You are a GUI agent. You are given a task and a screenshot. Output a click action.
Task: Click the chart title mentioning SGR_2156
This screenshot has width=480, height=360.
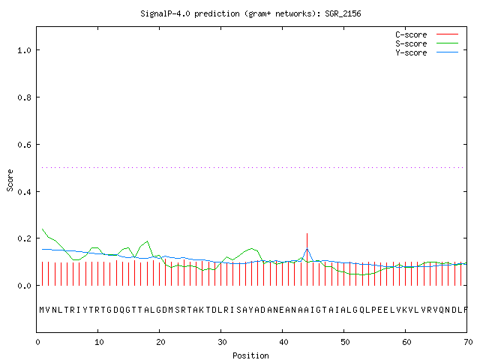pos(250,13)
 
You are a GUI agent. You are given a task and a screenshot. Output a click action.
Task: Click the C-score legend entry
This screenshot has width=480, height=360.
pos(427,34)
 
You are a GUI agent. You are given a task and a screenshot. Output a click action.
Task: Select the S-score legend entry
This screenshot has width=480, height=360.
pos(427,43)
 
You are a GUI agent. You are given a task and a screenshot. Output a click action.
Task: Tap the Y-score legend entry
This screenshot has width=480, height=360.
pos(427,52)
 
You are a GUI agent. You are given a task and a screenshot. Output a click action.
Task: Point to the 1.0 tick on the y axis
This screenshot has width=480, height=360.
pos(24,50)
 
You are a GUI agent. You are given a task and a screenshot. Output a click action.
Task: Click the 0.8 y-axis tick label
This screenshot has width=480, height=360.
pos(24,97)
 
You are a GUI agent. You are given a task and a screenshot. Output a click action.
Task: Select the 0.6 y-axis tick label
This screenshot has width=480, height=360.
pos(24,145)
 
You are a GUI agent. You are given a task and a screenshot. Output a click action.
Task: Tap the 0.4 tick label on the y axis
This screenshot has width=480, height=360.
pos(24,192)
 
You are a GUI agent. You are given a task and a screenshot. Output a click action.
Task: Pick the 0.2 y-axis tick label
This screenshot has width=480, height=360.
pos(24,238)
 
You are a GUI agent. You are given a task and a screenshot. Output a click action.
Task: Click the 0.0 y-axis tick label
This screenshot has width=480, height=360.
pos(24,286)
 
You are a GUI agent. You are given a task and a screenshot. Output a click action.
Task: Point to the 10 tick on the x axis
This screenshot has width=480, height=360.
pos(99,342)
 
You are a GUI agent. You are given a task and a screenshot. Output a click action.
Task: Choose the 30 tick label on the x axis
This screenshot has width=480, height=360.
pos(222,342)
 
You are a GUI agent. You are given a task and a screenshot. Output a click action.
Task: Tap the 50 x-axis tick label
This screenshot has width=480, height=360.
pos(345,342)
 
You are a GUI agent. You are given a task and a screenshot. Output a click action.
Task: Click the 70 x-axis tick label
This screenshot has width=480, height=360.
pos(468,342)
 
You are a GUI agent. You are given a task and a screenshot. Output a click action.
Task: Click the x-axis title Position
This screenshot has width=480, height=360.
pos(250,355)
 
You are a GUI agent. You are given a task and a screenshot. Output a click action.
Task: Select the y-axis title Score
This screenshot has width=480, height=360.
pos(10,180)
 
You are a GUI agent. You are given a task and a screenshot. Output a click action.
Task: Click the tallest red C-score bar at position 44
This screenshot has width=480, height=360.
pos(307,259)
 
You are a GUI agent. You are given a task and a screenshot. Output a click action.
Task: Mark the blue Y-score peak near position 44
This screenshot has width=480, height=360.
pos(307,248)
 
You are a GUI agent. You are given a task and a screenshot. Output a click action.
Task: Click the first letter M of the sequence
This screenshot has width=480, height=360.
pos(42,310)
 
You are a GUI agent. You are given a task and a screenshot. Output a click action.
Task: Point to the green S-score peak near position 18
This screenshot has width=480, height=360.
pos(148,241)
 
